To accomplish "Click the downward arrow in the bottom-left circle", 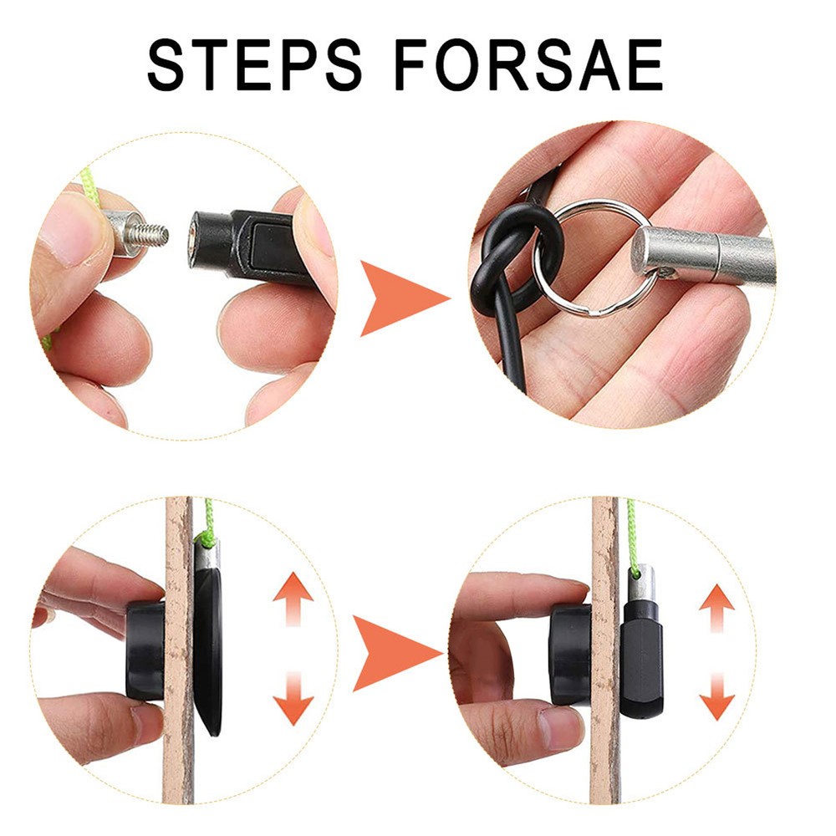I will (x=293, y=698).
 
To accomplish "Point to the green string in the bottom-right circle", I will (x=633, y=535).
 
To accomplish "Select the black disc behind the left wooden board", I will (x=208, y=652).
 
